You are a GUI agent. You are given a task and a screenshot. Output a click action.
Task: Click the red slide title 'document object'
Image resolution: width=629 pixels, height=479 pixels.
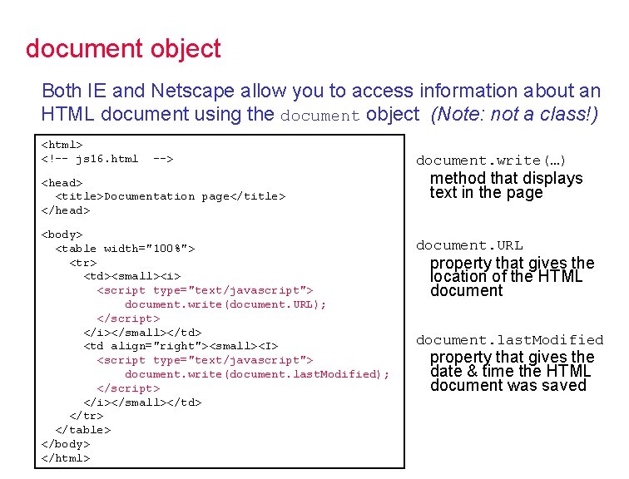(123, 48)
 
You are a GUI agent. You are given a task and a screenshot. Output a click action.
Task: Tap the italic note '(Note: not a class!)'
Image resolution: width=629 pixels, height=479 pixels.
(514, 114)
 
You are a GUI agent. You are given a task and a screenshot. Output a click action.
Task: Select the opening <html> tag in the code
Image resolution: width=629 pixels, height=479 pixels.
(62, 145)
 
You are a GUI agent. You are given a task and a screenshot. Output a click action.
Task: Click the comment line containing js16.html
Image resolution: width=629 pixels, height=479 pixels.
(107, 159)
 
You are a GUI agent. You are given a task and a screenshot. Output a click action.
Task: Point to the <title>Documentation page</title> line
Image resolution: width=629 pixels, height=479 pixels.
(170, 196)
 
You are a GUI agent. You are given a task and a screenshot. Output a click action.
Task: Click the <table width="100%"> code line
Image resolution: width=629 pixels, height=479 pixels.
(125, 249)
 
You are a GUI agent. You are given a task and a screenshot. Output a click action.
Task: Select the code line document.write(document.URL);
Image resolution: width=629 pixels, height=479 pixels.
(225, 304)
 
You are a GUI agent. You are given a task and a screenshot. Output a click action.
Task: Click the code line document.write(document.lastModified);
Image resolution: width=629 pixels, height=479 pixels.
(256, 374)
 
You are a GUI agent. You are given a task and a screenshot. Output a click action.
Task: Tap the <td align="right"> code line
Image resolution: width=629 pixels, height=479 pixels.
(181, 346)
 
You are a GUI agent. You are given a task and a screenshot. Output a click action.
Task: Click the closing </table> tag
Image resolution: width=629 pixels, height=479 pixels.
(82, 430)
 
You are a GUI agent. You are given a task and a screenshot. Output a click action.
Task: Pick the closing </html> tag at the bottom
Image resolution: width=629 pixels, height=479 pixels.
(65, 458)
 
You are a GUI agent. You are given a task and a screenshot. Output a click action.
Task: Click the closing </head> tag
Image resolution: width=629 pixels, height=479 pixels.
(65, 210)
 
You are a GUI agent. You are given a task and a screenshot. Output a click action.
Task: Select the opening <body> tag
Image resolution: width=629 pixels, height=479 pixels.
(62, 235)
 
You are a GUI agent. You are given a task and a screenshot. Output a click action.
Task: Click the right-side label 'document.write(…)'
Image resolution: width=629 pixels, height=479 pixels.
(491, 160)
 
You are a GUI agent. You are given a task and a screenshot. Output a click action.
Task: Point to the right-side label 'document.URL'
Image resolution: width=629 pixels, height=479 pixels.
(469, 245)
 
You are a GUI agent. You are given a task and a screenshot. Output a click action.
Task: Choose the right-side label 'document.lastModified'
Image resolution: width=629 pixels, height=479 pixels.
(509, 339)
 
